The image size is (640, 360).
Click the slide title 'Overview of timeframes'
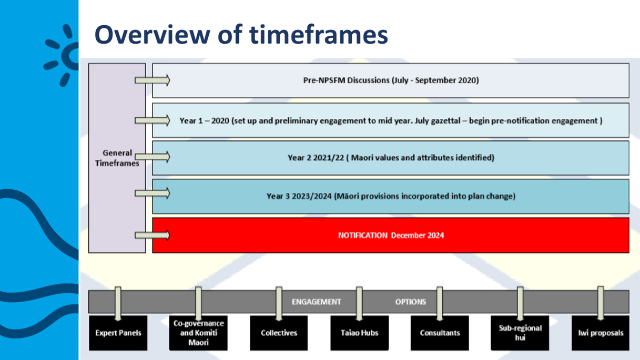coord(241,35)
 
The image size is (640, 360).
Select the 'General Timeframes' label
coord(117,158)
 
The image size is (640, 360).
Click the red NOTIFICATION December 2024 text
coord(391,235)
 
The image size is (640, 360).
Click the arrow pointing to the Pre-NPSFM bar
coord(153,80)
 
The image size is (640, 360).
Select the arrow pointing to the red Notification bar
coord(153,235)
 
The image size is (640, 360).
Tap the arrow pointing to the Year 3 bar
coord(153,193)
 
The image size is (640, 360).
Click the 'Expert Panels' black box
coord(118,333)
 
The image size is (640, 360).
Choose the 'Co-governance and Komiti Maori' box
coord(198,333)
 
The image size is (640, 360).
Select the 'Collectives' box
coord(279,333)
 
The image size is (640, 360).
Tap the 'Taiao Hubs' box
coord(359,333)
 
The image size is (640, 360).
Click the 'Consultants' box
coord(440,333)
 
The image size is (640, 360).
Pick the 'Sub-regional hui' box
coord(520,333)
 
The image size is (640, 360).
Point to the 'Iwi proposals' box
coord(601,333)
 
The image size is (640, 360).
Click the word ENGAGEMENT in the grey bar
coord(316,302)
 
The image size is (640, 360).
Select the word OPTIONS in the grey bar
coord(411,302)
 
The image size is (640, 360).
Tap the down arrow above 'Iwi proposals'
coord(601,303)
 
